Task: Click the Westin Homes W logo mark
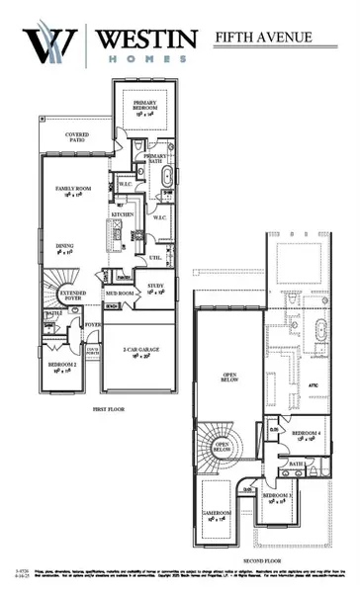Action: pyautogui.click(x=51, y=45)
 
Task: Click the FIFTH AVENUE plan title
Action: pyautogui.click(x=263, y=38)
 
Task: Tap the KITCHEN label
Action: pyautogui.click(x=123, y=213)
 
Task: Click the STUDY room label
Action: pyautogui.click(x=155, y=289)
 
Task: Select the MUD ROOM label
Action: pyautogui.click(x=120, y=294)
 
